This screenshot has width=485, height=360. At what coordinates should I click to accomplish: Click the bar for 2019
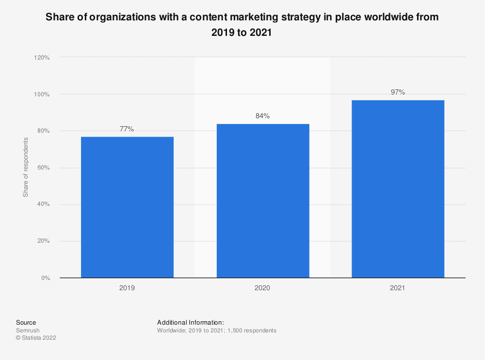(127, 207)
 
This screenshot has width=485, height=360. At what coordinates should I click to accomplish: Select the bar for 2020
(263, 201)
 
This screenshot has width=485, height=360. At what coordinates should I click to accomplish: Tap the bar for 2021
(398, 189)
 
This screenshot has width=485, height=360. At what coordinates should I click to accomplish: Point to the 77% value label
(127, 129)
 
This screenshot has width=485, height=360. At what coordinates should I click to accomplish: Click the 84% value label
(263, 116)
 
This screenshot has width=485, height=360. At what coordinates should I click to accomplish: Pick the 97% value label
(398, 92)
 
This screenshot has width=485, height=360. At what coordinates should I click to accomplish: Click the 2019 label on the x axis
(127, 288)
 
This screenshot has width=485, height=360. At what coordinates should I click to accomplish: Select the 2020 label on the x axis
(263, 288)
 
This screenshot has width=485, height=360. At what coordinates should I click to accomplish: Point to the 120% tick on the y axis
(42, 58)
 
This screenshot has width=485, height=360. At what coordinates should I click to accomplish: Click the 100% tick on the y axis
(42, 94)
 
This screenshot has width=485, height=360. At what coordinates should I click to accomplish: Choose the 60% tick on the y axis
(43, 168)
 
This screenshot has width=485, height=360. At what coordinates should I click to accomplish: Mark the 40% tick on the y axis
(43, 204)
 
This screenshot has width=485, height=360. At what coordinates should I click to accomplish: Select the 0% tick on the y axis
(45, 278)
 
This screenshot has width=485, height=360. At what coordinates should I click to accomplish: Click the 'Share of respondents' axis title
(26, 167)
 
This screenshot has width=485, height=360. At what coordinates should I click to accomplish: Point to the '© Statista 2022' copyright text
(36, 338)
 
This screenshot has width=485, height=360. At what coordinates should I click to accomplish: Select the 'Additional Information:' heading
(190, 322)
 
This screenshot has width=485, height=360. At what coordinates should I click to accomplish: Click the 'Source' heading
(26, 322)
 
